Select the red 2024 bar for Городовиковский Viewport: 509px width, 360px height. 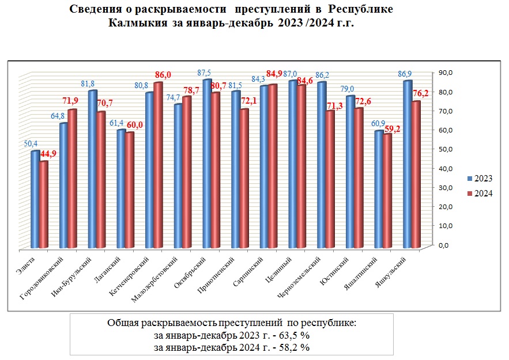click(x=72, y=179)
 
